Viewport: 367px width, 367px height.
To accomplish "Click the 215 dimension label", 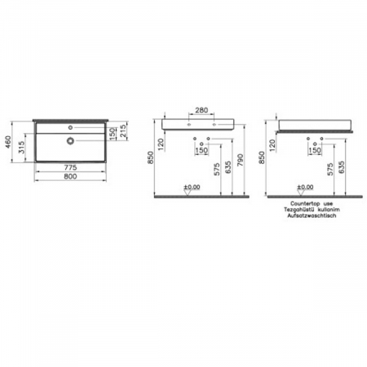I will (x=123, y=133).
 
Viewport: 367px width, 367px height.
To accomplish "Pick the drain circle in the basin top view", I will (x=71, y=140).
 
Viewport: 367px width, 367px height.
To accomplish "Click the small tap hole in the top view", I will (x=71, y=127).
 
